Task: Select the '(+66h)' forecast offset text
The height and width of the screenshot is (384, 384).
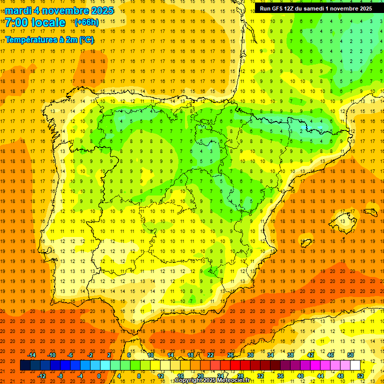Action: [86, 22]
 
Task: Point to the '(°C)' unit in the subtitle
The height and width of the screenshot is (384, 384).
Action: [86, 40]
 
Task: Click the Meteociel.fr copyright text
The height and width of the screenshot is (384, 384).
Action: [212, 380]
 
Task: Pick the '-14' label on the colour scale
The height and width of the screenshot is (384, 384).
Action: [31, 355]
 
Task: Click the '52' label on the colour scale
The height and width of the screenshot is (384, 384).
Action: [360, 375]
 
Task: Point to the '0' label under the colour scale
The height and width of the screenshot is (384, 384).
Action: [99, 375]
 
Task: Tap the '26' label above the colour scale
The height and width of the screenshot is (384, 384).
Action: [230, 355]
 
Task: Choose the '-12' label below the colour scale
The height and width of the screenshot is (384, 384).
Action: [41, 375]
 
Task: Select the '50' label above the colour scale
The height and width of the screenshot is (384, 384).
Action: [350, 355]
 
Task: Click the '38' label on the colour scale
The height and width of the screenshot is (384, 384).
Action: [290, 355]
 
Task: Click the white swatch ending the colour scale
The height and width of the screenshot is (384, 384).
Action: [355, 365]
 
